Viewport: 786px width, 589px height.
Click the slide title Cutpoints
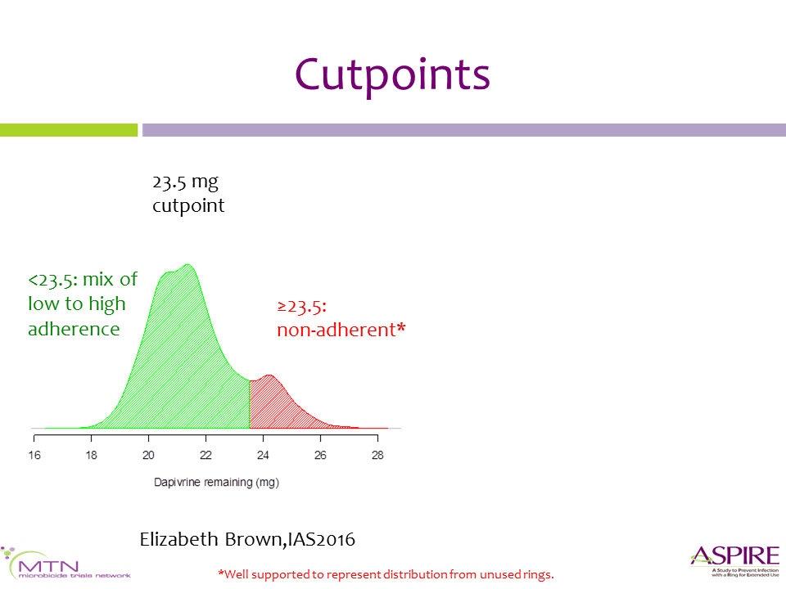click(x=392, y=75)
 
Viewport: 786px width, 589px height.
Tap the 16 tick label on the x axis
click(x=34, y=456)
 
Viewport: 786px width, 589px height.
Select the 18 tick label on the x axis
click(x=91, y=456)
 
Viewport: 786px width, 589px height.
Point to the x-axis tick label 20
click(x=148, y=456)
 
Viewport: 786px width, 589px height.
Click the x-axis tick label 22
click(x=206, y=456)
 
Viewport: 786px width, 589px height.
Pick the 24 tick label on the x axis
click(x=263, y=456)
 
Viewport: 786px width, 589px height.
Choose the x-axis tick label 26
click(x=320, y=456)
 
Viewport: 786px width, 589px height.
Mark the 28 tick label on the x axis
click(x=377, y=456)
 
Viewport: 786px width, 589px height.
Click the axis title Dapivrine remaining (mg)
click(x=216, y=483)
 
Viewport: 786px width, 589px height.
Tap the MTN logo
click(x=65, y=564)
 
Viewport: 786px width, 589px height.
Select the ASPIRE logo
click(x=735, y=560)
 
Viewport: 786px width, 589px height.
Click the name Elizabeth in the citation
click(x=179, y=539)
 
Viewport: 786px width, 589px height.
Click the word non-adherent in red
click(x=337, y=330)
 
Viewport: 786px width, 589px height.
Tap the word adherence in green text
click(x=74, y=329)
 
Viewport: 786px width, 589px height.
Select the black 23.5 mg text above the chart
click(x=186, y=182)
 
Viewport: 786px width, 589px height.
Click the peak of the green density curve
click(x=187, y=264)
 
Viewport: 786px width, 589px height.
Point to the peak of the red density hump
click(x=269, y=375)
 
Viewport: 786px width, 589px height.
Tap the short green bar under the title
click(x=69, y=130)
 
